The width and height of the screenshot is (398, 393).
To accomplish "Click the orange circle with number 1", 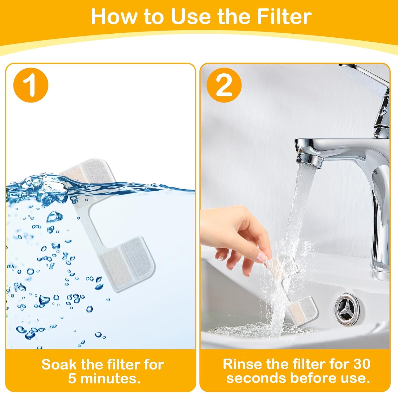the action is coord(31,85).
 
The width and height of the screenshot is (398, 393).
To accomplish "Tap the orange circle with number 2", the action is coord(224,85).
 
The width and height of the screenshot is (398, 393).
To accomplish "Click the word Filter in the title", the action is coord(285,16).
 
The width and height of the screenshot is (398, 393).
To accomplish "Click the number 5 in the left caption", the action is coord(72,378).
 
